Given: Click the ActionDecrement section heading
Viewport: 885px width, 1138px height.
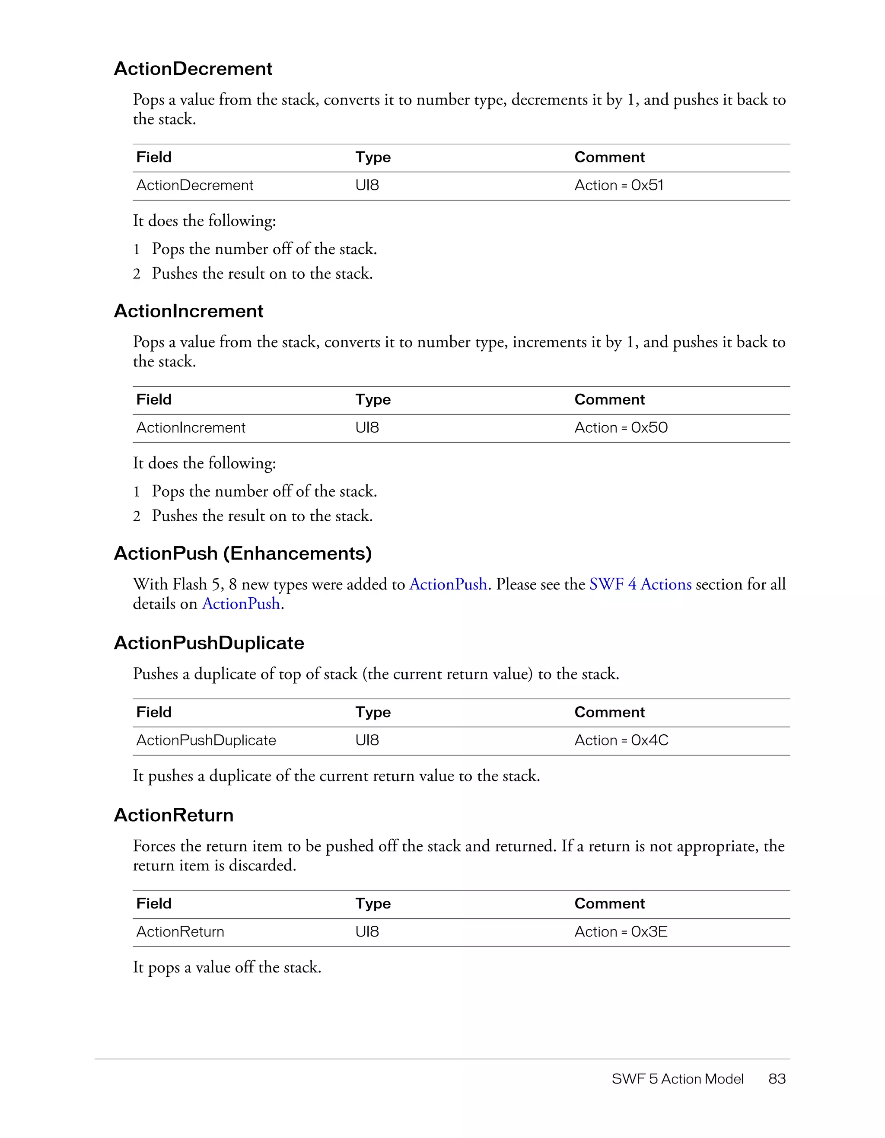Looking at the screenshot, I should (193, 69).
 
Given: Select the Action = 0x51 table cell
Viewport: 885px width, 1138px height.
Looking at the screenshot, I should (618, 185).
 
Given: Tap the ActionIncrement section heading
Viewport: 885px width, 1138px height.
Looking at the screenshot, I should (188, 311).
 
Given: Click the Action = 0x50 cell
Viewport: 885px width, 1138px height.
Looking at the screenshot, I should (621, 427).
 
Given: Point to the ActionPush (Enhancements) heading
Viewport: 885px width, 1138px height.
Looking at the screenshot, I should (243, 553).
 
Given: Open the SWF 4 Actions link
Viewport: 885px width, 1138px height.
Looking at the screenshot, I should (640, 584).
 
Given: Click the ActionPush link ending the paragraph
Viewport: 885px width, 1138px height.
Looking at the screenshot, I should (241, 603).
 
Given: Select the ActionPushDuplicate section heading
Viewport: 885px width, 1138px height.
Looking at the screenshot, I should (209, 643).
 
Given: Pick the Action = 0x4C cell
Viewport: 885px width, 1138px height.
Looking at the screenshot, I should (621, 740).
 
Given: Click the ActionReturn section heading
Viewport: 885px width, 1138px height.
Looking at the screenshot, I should (173, 815).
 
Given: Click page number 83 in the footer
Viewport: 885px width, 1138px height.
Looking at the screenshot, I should (777, 1079).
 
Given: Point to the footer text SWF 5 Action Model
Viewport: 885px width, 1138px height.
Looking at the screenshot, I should (677, 1079).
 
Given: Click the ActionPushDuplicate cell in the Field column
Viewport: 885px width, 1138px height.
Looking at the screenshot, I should (206, 740).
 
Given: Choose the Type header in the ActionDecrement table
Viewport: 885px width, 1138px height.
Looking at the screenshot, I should (373, 157).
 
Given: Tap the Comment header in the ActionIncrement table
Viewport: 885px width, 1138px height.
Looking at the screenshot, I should (609, 400).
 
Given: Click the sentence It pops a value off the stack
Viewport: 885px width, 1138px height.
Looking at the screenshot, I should (227, 967).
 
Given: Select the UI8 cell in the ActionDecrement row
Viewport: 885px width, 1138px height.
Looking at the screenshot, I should (367, 185).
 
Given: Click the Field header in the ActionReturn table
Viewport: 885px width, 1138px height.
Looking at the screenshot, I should (154, 903).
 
